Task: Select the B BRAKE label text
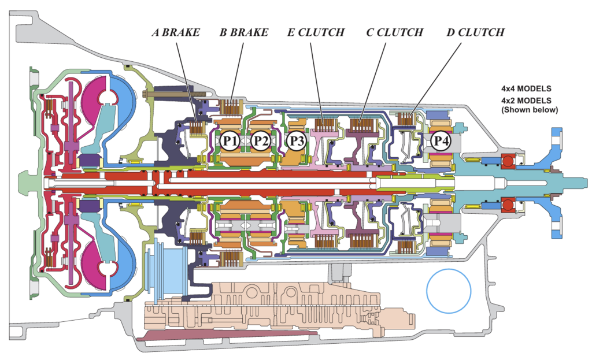pyautogui.click(x=243, y=32)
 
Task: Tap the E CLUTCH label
pyautogui.click(x=315, y=32)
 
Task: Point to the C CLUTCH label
pyautogui.click(x=394, y=32)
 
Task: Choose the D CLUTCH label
pyautogui.click(x=475, y=32)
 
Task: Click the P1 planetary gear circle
pyautogui.click(x=230, y=140)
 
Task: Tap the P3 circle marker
pyautogui.click(x=296, y=140)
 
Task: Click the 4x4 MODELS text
pyautogui.click(x=526, y=90)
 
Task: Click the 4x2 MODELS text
pyautogui.click(x=526, y=100)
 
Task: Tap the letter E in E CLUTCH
pyautogui.click(x=290, y=32)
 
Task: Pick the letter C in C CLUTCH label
pyautogui.click(x=369, y=32)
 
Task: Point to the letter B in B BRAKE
pyautogui.click(x=223, y=32)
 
